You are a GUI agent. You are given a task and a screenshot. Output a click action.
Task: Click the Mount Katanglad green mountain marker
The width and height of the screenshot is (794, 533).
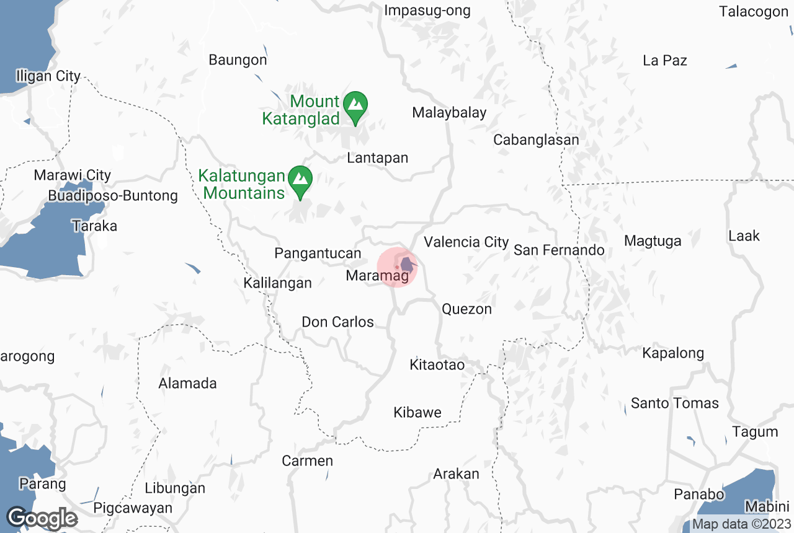coord(355,105)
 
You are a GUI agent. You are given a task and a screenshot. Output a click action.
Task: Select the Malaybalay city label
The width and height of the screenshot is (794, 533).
coord(449,113)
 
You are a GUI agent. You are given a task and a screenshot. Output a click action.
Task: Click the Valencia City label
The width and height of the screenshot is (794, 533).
coord(466,242)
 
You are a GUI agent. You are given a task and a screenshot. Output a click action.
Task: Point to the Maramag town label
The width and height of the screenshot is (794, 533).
coord(377,276)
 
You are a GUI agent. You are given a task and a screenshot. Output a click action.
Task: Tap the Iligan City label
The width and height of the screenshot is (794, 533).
coord(48,76)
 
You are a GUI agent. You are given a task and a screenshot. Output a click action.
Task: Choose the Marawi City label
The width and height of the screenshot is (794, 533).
coord(72,175)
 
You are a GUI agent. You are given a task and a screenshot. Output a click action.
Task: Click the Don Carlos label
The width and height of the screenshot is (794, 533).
coord(337,322)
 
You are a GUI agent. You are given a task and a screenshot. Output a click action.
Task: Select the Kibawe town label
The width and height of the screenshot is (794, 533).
coord(417,413)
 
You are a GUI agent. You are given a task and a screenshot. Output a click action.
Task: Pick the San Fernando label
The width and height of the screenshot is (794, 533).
coord(559,250)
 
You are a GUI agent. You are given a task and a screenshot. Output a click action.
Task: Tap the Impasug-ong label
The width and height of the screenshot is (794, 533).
coord(427,11)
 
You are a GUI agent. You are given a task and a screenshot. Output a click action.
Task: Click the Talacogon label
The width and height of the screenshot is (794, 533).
coord(754,11)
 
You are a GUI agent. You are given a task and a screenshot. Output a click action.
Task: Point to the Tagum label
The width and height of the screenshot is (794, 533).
coord(754,432)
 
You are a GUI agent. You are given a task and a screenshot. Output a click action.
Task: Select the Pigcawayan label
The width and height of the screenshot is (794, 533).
coord(133,508)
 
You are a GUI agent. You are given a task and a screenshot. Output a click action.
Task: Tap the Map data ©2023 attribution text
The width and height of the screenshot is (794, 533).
coord(741,524)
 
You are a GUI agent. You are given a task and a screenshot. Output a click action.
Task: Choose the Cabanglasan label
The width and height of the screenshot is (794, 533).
coord(536,140)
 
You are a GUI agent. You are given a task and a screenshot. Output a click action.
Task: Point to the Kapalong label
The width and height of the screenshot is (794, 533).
coord(673,353)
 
